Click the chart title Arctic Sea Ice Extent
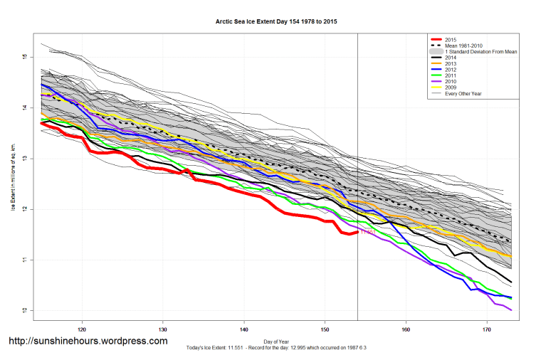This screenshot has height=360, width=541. (276, 22)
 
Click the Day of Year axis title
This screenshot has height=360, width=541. (276, 340)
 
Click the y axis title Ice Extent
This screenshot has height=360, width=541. (13, 178)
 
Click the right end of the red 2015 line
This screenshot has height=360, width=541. (357, 232)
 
